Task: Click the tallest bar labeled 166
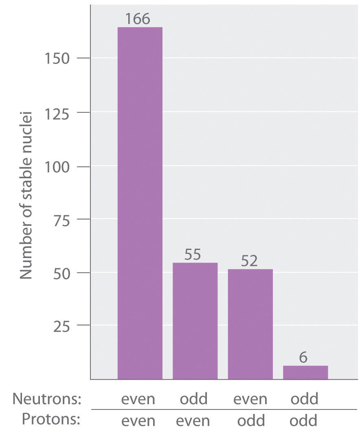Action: click(x=140, y=203)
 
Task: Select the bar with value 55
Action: click(x=195, y=321)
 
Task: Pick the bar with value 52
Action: click(x=250, y=324)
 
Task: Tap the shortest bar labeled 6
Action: click(x=305, y=372)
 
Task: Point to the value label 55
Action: click(x=193, y=255)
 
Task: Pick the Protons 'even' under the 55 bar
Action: click(x=193, y=420)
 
